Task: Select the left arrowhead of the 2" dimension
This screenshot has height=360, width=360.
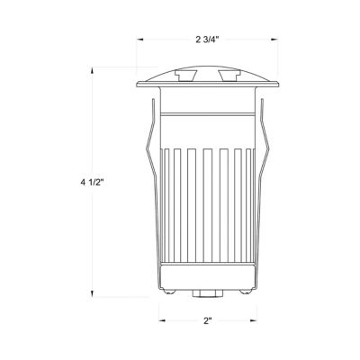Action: [163, 320]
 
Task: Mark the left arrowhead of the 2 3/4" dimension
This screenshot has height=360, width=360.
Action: [140, 39]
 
